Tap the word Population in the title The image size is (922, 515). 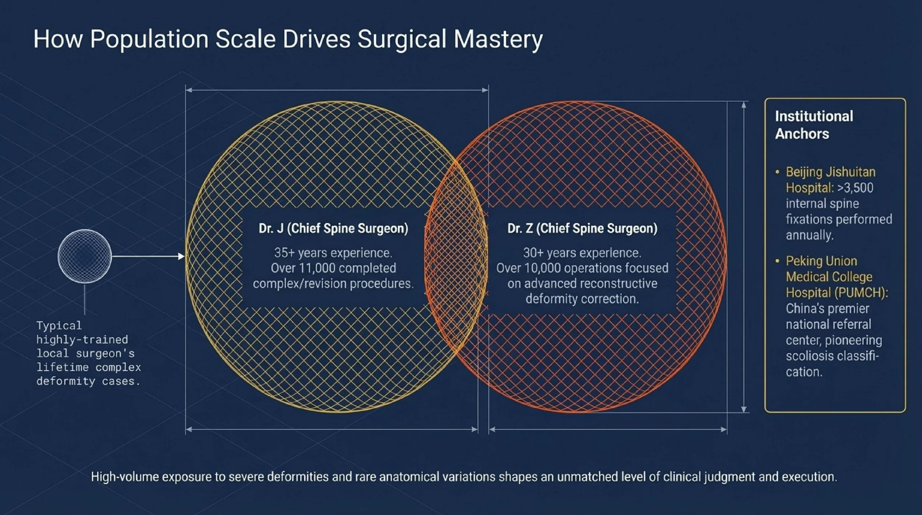coord(149,39)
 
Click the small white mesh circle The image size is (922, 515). coord(85,256)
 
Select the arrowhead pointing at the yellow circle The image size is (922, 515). coord(181,256)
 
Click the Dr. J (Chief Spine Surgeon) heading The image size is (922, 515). coord(333,229)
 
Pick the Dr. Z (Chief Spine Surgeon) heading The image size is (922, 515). coord(582,229)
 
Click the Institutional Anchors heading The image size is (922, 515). coord(814,125)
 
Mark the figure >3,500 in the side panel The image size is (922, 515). coord(855,188)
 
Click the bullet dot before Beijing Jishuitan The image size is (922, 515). coord(777,172)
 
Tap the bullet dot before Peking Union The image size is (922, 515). coord(777,261)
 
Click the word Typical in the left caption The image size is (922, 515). coord(59,326)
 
